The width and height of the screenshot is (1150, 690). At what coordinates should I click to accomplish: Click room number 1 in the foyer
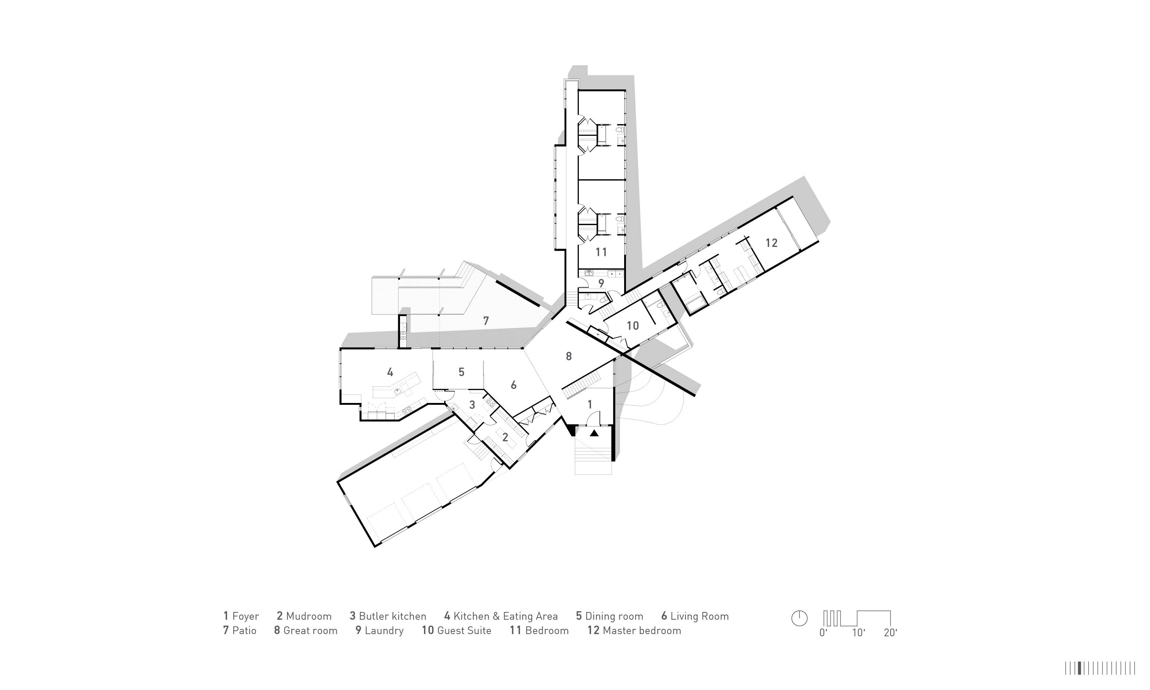pos(590,404)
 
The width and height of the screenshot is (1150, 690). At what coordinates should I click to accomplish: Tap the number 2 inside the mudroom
pos(505,437)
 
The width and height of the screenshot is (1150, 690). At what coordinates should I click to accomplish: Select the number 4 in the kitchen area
pos(390,372)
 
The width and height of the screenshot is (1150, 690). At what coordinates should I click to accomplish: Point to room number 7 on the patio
pos(486,321)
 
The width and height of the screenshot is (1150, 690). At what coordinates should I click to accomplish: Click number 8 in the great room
pos(569,356)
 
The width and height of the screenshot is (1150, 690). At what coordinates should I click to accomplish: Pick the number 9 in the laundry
pos(601,283)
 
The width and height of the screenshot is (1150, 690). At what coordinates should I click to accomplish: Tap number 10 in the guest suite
pos(633,325)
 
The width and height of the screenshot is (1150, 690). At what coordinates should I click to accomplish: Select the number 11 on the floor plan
pos(601,252)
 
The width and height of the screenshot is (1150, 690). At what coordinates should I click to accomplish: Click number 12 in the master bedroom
pos(771,243)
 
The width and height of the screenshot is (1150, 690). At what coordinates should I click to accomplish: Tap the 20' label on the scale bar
pos(891,632)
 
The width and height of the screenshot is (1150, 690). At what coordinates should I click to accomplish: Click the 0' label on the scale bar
pos(824,632)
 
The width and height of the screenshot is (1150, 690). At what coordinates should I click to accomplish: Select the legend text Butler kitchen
pos(392,616)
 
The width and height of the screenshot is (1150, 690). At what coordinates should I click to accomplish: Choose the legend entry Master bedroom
pos(641,630)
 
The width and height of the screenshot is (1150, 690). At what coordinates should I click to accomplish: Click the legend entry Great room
pos(310,630)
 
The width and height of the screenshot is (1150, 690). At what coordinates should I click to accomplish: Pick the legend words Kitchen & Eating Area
pos(505,616)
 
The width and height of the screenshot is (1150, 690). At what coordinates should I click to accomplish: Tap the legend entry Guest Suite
pos(464,630)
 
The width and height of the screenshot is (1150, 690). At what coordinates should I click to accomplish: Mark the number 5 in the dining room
pos(461,372)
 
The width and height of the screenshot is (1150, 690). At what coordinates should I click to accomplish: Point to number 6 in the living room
pos(513,385)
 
